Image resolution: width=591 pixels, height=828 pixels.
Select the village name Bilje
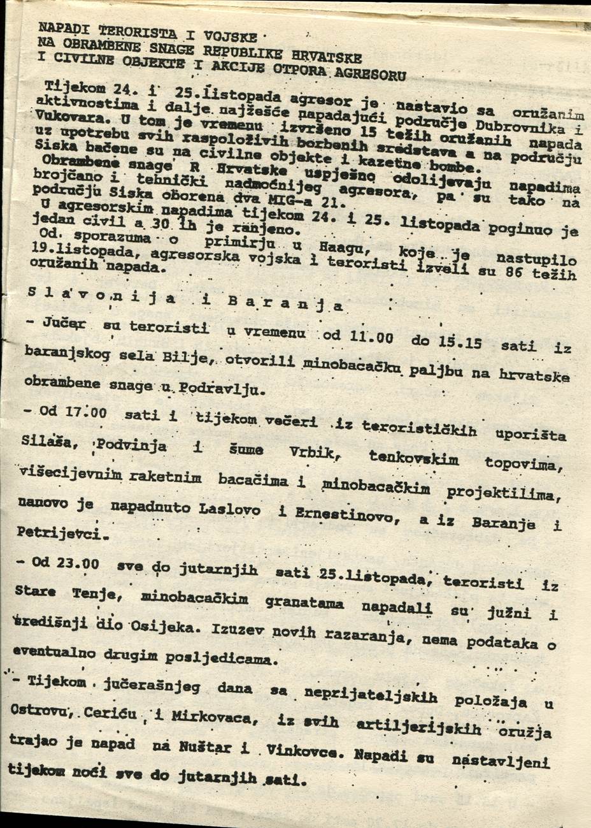click(184, 360)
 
